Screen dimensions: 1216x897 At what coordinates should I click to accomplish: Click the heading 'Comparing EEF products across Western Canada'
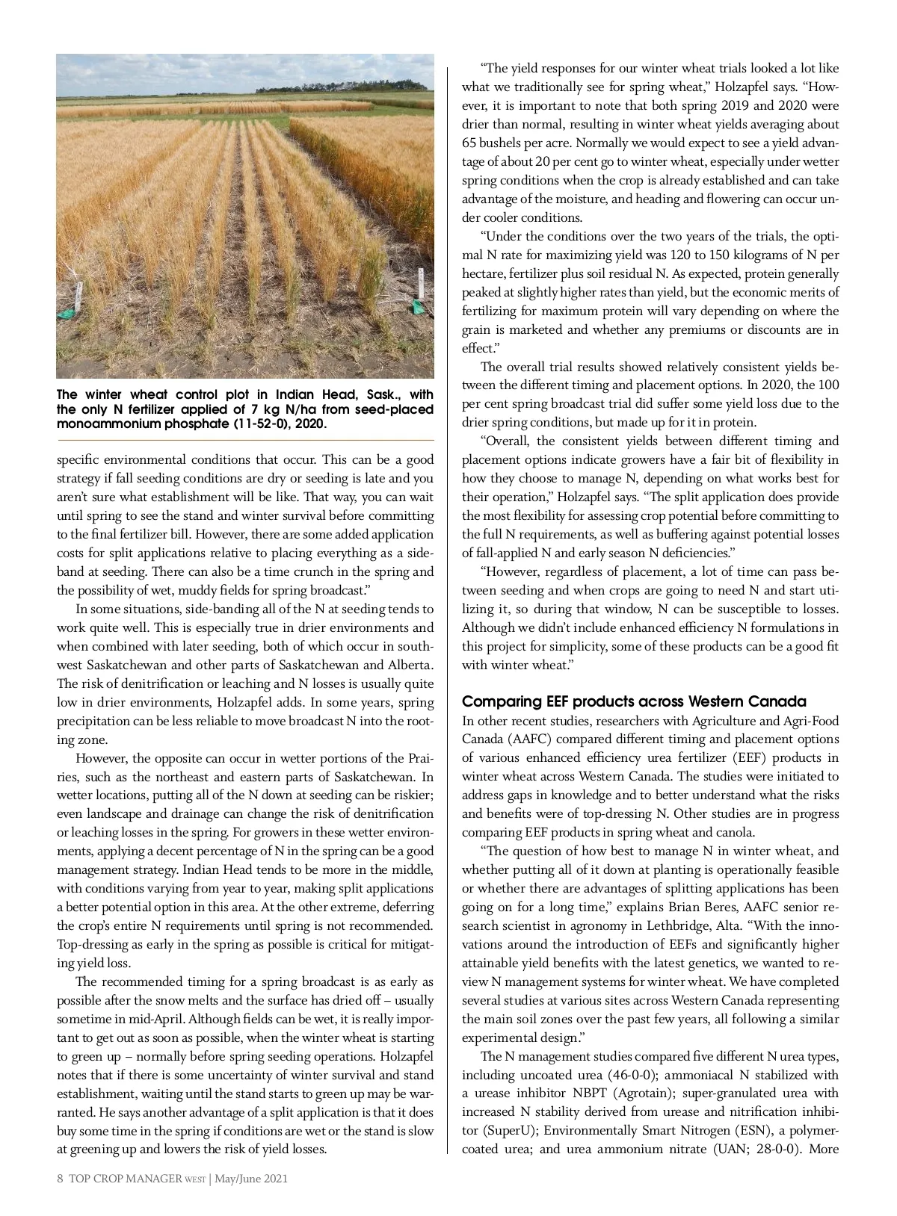pyautogui.click(x=634, y=701)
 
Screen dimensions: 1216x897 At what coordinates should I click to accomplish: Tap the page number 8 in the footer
pyautogui.click(x=60, y=1179)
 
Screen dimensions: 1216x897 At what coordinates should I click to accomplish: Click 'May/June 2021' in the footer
pyautogui.click(x=251, y=1179)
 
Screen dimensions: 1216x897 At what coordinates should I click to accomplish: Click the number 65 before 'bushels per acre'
pyautogui.click(x=470, y=143)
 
